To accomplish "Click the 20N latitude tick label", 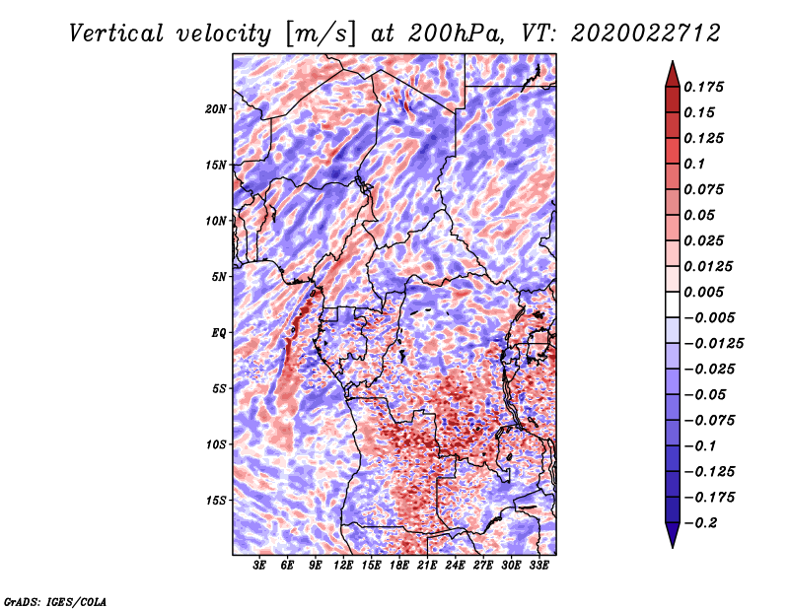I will pos(216,108).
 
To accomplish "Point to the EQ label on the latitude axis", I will pos(218,332).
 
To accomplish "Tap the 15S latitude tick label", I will pos(216,500).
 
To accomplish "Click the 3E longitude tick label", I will pos(260,567).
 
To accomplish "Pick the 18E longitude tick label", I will pos(399,567).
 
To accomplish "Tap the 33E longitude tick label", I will pos(538,567).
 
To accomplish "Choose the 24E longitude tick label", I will pos(456,567).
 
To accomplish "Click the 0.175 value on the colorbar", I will pos(706,87).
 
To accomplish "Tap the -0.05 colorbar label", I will pos(708,394).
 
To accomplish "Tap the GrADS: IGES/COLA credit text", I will pos(55,600).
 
